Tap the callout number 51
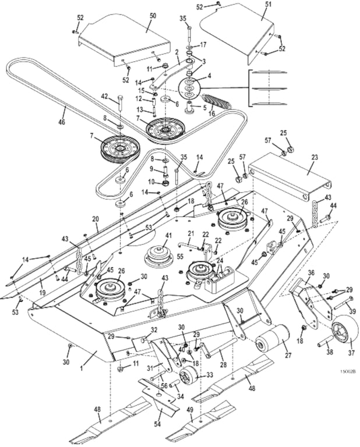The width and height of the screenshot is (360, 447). [x=269, y=4]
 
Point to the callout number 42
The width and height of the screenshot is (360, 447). [x=105, y=97]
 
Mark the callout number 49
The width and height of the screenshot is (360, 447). [x=189, y=410]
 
